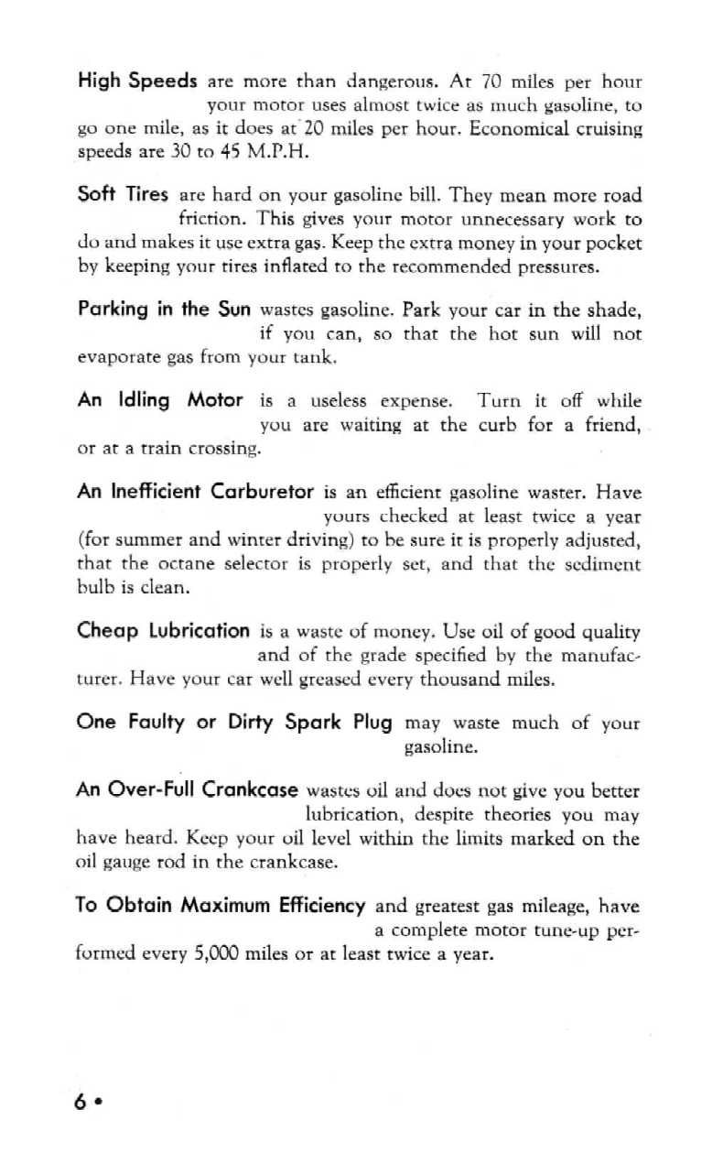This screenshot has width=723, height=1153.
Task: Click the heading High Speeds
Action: pyautogui.click(x=137, y=82)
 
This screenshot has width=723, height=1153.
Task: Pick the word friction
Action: pyautogui.click(x=209, y=220)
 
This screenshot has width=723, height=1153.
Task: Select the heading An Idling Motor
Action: pyautogui.click(x=160, y=400)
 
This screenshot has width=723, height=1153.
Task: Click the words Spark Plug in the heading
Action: pyautogui.click(x=344, y=722)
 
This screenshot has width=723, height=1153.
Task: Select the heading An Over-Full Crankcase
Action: pyautogui.click(x=190, y=789)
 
